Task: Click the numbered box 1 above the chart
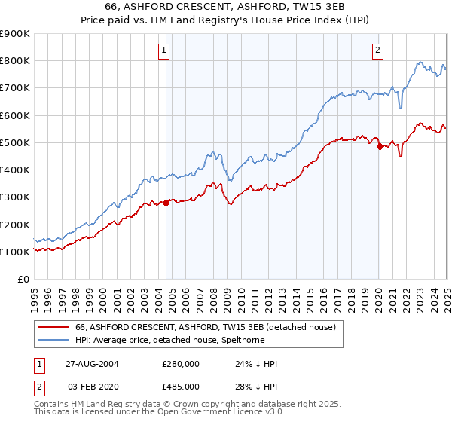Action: point(164,50)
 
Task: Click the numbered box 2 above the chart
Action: point(377,50)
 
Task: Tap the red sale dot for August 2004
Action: point(166,203)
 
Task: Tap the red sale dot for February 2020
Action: point(379,147)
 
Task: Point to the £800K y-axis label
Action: point(15,61)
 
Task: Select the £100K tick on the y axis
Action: point(15,252)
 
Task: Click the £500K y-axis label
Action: point(15,142)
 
